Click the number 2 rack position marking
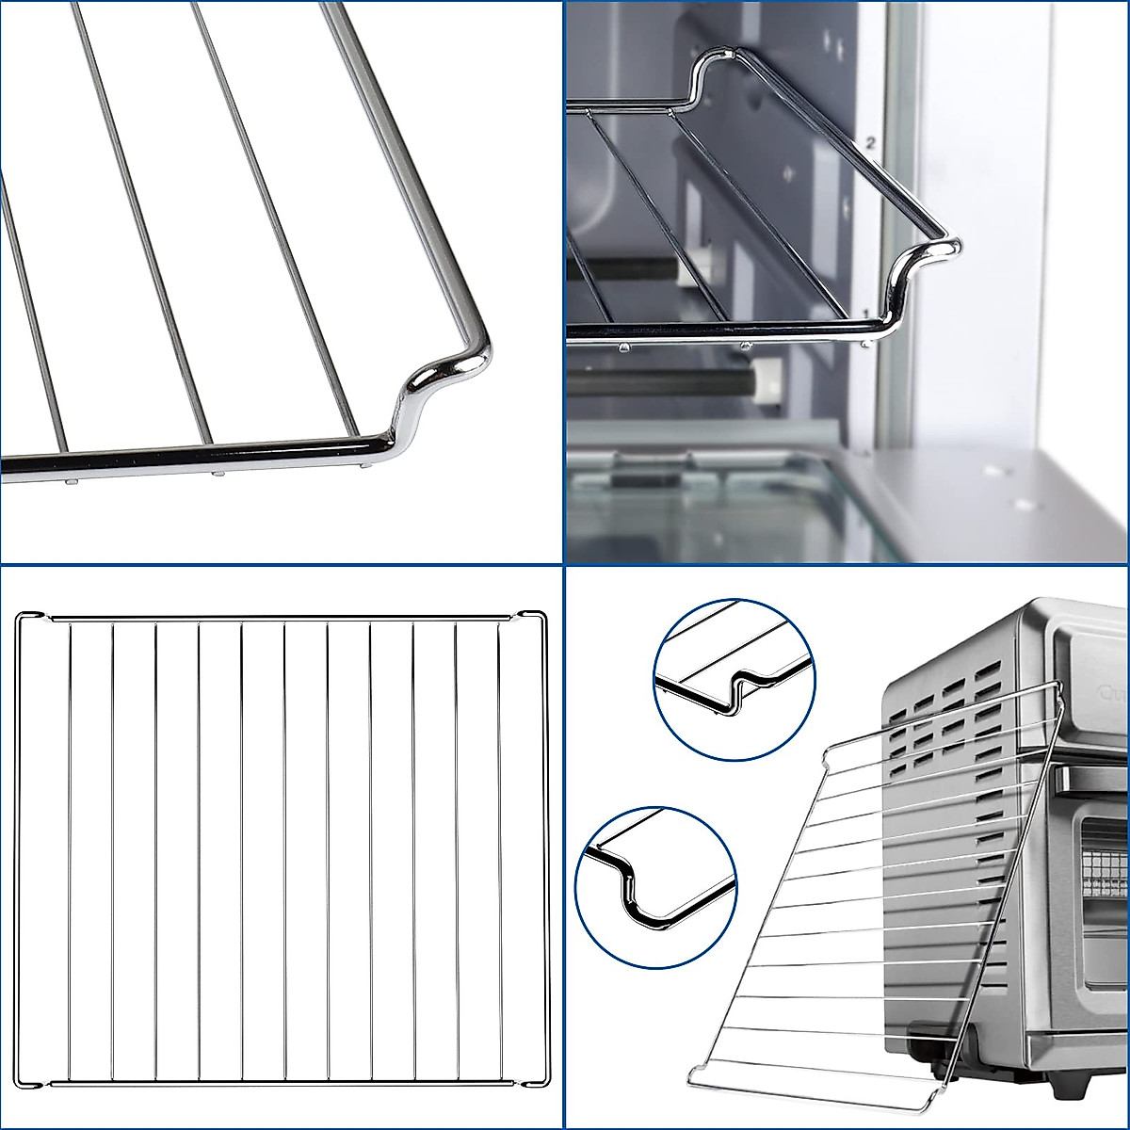point(871,143)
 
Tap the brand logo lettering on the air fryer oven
point(1111,696)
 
